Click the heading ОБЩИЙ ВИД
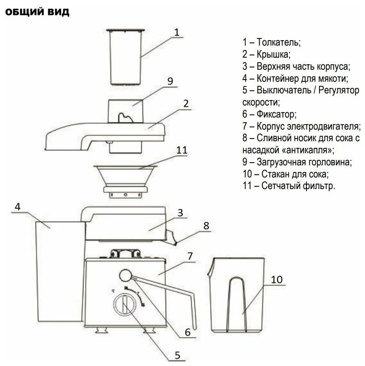37,13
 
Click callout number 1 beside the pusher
176,32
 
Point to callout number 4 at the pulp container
17,207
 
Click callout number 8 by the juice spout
206,226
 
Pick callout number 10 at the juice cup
277,280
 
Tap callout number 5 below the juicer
177,355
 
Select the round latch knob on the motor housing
125,274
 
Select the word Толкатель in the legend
279,43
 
